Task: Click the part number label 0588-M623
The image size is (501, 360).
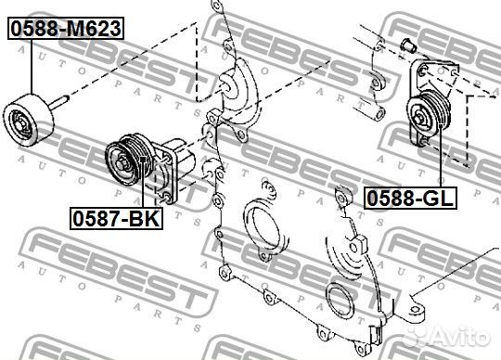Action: pyautogui.click(x=66, y=28)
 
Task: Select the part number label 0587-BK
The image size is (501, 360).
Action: pyautogui.click(x=116, y=218)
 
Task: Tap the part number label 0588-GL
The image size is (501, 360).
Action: pyautogui.click(x=411, y=198)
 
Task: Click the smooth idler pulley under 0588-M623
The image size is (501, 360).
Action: pyautogui.click(x=28, y=121)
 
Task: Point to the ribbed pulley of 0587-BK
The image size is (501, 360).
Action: pyautogui.click(x=128, y=159)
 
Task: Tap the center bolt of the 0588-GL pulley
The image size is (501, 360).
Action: pyautogui.click(x=419, y=119)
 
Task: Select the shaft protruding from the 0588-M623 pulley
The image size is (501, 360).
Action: pyautogui.click(x=58, y=103)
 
